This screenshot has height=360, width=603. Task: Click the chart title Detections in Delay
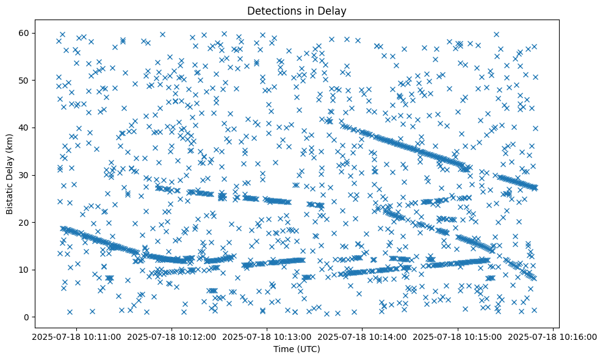(x=301, y=11)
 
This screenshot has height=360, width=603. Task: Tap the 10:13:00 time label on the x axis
(x=267, y=337)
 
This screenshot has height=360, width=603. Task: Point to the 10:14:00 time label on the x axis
(x=363, y=337)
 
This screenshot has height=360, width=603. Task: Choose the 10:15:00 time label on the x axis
(x=458, y=337)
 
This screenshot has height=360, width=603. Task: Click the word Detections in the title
(x=271, y=11)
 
